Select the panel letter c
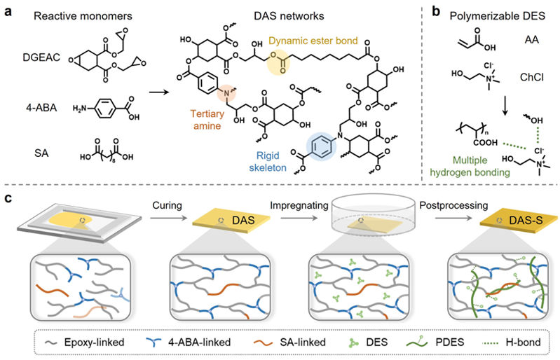(8, 202)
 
